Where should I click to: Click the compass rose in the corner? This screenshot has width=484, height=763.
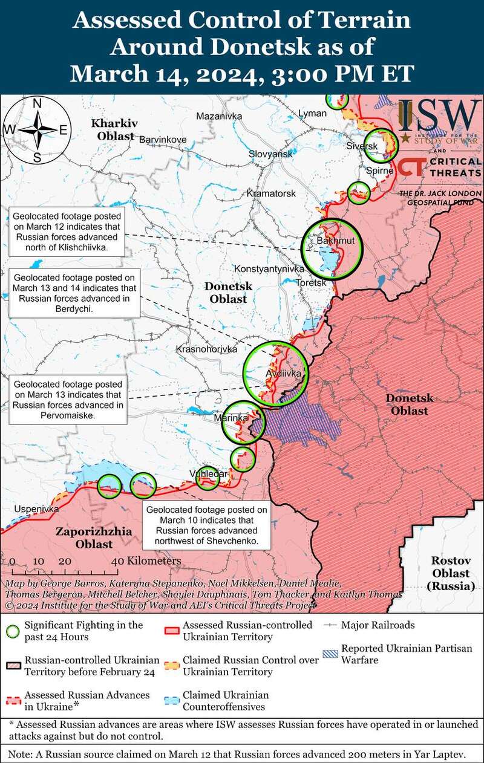click(36, 129)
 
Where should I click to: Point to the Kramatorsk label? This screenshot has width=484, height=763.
click(271, 193)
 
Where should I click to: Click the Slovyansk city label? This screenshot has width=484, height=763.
click(270, 154)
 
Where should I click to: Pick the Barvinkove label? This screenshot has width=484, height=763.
click(163, 139)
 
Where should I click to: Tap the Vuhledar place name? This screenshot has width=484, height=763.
click(208, 473)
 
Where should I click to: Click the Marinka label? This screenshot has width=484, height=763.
click(235, 418)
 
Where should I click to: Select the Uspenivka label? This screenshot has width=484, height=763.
click(36, 509)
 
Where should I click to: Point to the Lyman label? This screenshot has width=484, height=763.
click(312, 113)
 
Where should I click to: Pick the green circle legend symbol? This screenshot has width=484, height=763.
click(13, 631)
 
